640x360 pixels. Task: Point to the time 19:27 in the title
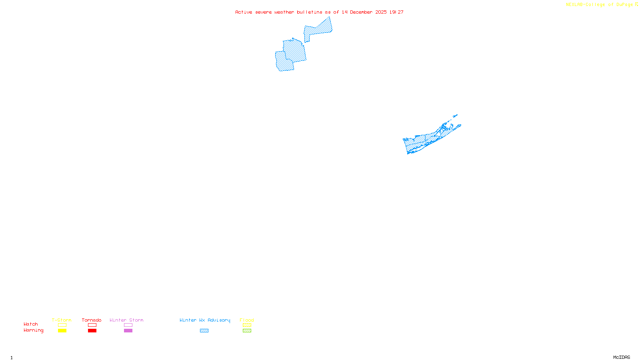click(x=396, y=12)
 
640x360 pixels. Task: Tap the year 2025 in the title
click(x=381, y=12)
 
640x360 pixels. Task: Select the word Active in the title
click(x=244, y=12)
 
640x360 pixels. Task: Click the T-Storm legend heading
click(x=62, y=320)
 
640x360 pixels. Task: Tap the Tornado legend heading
click(x=92, y=320)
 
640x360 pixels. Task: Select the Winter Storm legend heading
click(x=126, y=320)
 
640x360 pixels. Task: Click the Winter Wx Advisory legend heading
click(x=205, y=320)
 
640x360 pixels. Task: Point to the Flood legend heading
click(x=247, y=320)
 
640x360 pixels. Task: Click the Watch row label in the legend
click(x=31, y=324)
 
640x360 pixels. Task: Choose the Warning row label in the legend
click(x=34, y=330)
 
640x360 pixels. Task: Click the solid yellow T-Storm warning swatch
click(x=62, y=331)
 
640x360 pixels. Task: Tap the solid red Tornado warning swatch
click(x=92, y=331)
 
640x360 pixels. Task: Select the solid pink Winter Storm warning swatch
click(x=128, y=331)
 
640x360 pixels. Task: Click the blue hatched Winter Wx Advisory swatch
click(x=204, y=331)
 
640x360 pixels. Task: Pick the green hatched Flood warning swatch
click(x=247, y=331)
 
